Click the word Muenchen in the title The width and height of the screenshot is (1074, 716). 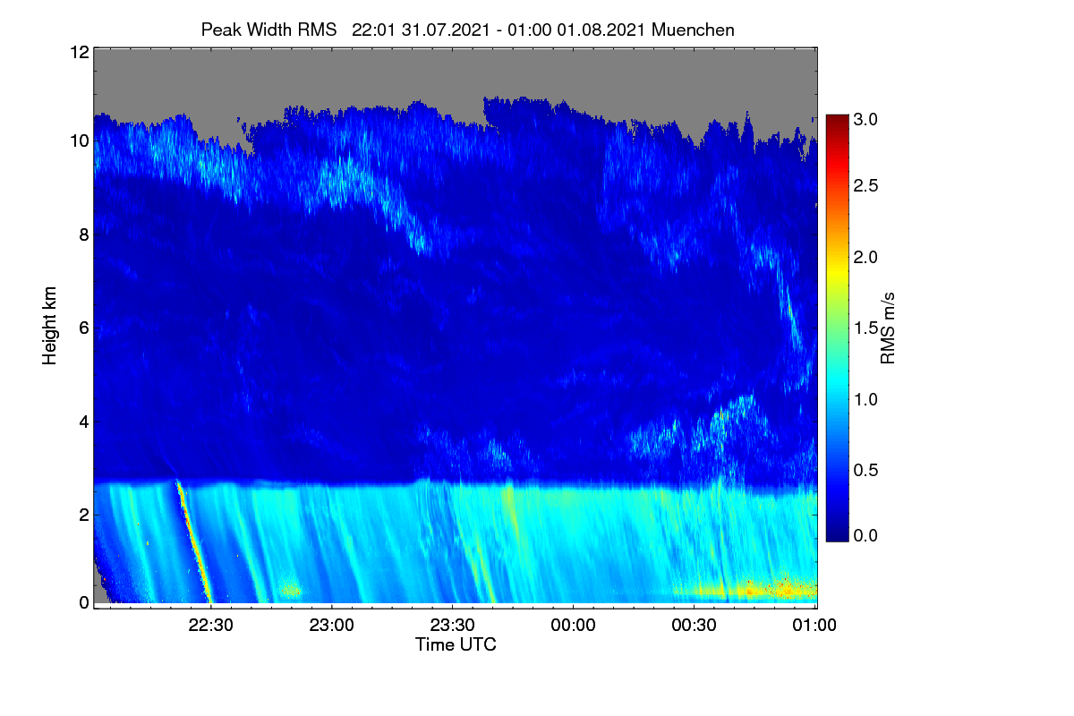(x=693, y=30)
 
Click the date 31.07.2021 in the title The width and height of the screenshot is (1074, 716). (x=446, y=30)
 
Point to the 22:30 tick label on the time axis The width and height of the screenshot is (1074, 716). (x=210, y=625)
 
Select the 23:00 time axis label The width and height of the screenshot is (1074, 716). (x=331, y=625)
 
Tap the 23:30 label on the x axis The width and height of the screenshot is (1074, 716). (x=452, y=625)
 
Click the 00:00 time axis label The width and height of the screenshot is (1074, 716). (x=573, y=625)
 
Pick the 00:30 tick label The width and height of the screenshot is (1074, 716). (x=694, y=625)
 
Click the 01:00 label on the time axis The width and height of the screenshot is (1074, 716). (x=814, y=625)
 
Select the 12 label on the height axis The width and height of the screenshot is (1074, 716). (x=80, y=52)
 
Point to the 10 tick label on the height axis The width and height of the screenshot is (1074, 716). (x=80, y=141)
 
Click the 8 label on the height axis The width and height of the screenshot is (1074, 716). (x=84, y=234)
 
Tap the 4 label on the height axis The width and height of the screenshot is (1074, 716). (x=84, y=422)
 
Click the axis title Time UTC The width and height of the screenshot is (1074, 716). (x=456, y=644)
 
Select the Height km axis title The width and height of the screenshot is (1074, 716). (x=49, y=326)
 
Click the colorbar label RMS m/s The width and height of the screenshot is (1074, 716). (x=888, y=328)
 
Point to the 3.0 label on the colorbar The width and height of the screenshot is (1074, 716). (x=865, y=119)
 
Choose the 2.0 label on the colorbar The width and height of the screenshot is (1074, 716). (x=865, y=257)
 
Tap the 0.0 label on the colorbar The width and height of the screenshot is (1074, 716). (x=865, y=535)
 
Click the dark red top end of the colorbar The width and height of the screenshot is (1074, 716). (x=837, y=118)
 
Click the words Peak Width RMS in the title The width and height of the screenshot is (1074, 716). (x=268, y=30)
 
